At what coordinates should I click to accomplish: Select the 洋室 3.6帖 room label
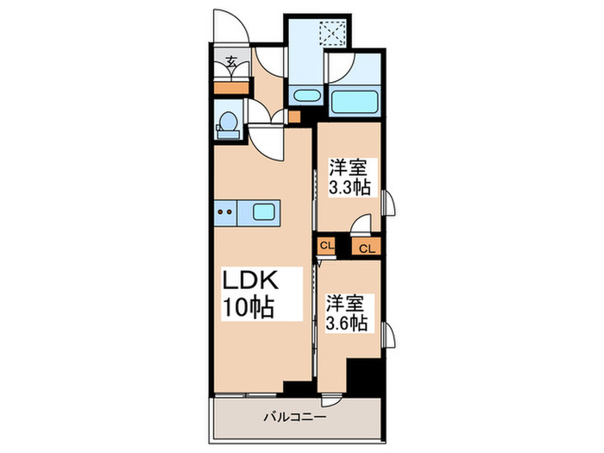pos(347,313)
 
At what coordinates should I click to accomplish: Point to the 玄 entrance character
pos(231,61)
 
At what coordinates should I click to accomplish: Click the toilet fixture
pos(229,122)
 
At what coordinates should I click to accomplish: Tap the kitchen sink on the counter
pos(262,210)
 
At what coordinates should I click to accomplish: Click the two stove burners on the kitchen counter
pos(225,210)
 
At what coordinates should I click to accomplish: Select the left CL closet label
pos(326,245)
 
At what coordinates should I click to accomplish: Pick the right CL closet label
pos(366,249)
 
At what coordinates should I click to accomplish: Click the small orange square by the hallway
pos(293,116)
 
